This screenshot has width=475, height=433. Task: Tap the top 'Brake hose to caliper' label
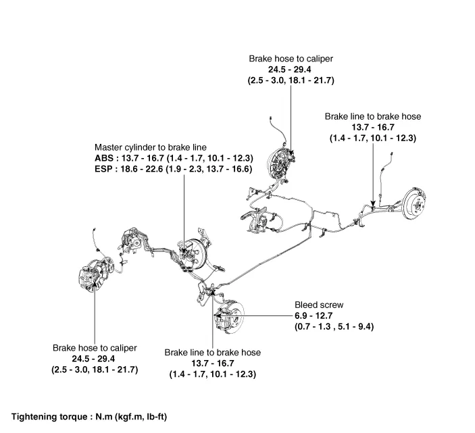click(x=291, y=59)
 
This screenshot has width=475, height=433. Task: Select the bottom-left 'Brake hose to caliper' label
click(x=95, y=348)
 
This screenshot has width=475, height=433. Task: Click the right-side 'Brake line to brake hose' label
click(x=373, y=116)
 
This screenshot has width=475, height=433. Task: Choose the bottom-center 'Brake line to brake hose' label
click(x=213, y=353)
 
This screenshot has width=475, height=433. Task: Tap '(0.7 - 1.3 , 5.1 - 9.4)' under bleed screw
click(x=334, y=326)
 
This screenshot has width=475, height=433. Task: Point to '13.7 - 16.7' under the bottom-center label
click(x=213, y=363)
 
